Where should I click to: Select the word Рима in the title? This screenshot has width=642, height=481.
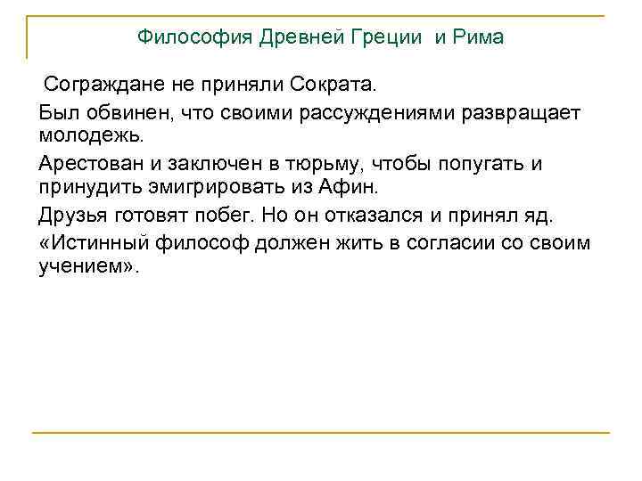pos(480,37)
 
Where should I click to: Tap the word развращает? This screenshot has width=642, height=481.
pos(517,113)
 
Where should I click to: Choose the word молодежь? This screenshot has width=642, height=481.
pos(85,137)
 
